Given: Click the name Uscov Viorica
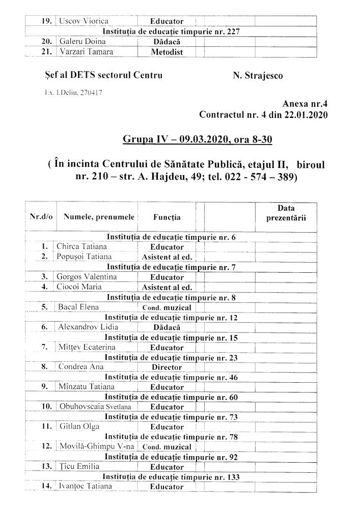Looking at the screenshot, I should [84, 21].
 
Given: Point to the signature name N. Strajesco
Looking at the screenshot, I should [258, 76].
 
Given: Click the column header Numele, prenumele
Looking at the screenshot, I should [99, 217].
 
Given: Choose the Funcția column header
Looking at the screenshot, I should [167, 217].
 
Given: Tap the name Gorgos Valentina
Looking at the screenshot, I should [87, 277].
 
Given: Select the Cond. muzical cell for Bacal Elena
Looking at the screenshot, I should [167, 307].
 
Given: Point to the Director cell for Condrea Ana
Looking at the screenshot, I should [167, 367].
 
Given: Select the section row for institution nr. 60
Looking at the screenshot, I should [171, 397].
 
